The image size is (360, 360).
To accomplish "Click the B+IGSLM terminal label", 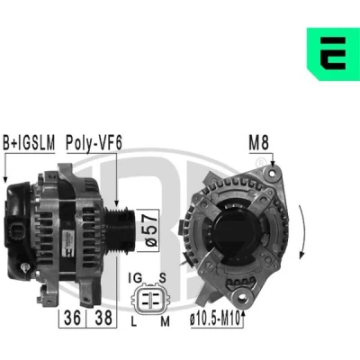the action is pos(29,142).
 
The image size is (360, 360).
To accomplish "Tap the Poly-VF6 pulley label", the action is pos(94,143).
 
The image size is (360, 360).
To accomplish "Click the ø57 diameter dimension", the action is pos(152,230).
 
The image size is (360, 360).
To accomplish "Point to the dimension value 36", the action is pos(72,318).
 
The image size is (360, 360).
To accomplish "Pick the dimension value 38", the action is pos(103,318).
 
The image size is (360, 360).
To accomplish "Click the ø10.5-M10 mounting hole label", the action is pos(215,319).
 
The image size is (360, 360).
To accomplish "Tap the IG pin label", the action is pos(135,278).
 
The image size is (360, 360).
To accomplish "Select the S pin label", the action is pos(162,278).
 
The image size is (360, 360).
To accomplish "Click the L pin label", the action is pos(134,322).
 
